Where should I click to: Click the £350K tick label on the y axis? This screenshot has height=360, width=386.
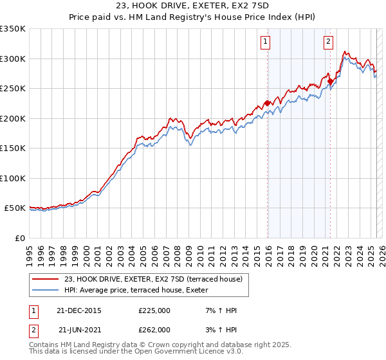coord(13,29)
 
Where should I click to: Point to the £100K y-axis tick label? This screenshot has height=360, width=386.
coord(13,178)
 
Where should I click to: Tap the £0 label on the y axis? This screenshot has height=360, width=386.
coord(20,238)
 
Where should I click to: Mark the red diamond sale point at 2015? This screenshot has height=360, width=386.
coord(267,104)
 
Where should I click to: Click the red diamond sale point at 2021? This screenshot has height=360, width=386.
coord(329,81)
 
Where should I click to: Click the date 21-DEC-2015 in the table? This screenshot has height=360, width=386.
coord(80,310)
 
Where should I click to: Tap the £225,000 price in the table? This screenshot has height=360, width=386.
coord(154,310)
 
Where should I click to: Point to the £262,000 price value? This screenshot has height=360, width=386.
coord(154,329)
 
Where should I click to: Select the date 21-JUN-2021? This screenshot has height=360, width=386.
coord(80,329)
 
